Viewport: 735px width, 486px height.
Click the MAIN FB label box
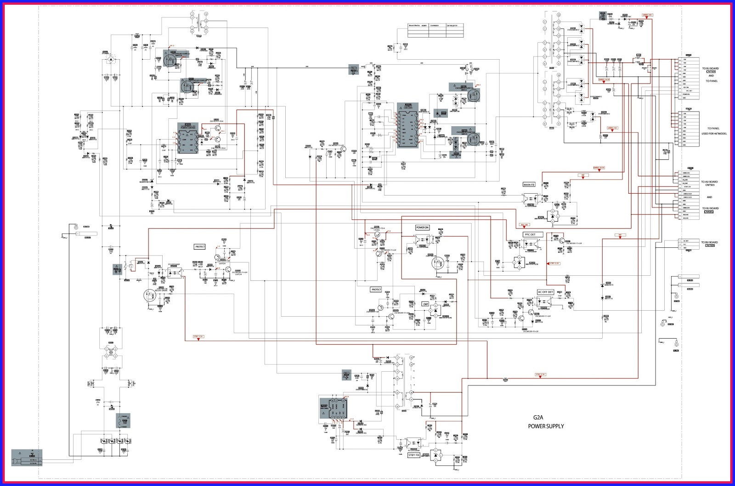pos(529,184)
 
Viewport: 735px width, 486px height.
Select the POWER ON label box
pos(422,228)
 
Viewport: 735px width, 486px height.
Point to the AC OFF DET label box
pos(545,292)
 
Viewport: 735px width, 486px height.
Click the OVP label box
pos(425,304)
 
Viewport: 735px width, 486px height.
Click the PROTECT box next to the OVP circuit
pos(376,290)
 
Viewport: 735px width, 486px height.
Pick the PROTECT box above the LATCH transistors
pos(200,247)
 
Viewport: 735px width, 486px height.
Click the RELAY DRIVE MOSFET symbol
pos(149,296)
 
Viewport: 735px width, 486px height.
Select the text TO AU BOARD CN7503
pos(709,184)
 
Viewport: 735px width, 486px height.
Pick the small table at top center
pos(435,31)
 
